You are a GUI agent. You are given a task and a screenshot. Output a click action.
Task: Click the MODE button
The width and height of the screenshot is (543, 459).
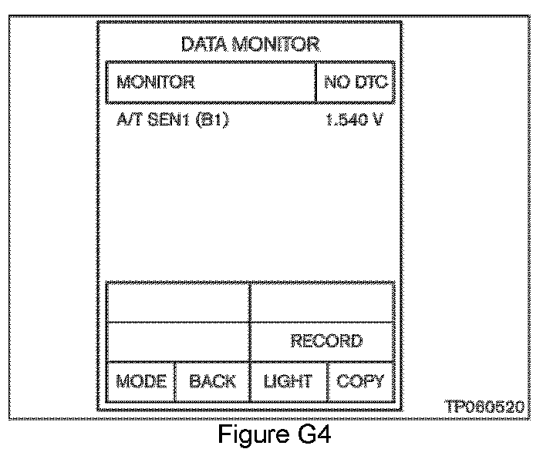pos(141,381)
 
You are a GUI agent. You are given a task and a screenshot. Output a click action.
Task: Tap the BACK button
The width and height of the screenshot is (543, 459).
pos(212,381)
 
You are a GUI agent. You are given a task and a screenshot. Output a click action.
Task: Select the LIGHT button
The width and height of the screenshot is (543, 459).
pos(288,381)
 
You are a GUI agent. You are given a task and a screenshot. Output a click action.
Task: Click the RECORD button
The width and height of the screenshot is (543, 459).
pos(325,341)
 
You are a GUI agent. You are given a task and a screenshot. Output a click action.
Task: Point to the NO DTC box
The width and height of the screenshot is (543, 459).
pos(356,82)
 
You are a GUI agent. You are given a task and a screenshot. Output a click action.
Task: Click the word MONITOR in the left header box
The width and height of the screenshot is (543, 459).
pos(156,82)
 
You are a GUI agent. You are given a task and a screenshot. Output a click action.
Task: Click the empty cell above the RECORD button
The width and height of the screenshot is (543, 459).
pos(322,303)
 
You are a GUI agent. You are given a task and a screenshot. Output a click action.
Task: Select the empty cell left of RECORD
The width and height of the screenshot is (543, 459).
pos(178,341)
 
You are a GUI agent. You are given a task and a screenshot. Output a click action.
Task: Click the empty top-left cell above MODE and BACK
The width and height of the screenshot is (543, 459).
pos(178,303)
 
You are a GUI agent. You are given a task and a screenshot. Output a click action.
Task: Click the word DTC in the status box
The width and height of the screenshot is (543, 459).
pos(373,82)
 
